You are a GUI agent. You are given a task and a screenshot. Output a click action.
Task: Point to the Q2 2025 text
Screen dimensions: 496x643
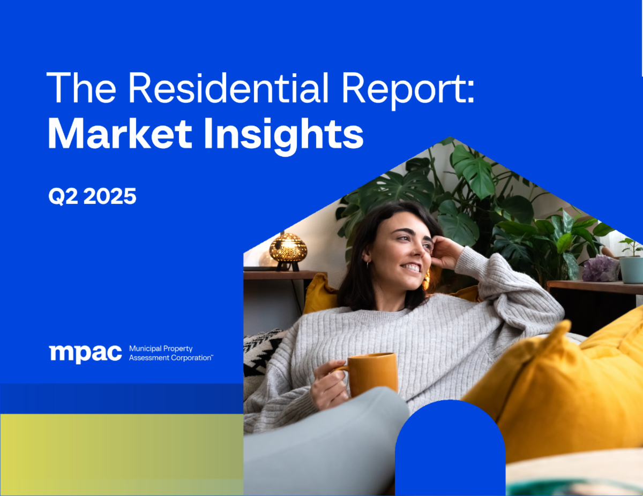tap(92, 197)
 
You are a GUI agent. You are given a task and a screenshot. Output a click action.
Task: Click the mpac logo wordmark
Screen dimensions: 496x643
tap(85, 354)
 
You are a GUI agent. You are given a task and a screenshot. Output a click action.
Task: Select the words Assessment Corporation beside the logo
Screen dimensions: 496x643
tap(170, 358)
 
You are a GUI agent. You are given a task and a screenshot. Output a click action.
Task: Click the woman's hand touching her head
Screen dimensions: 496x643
tap(446, 251)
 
